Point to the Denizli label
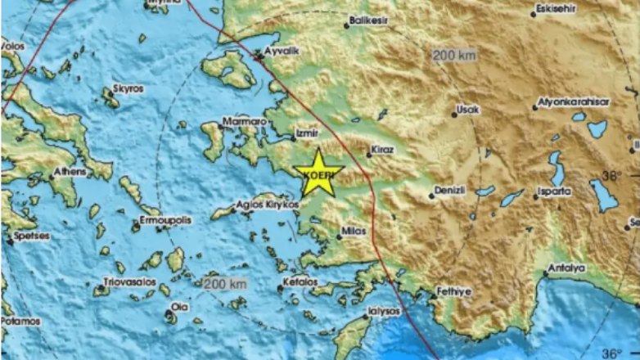[449, 190]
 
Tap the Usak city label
[470, 109]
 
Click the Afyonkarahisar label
[573, 102]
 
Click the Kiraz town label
[381, 151]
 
